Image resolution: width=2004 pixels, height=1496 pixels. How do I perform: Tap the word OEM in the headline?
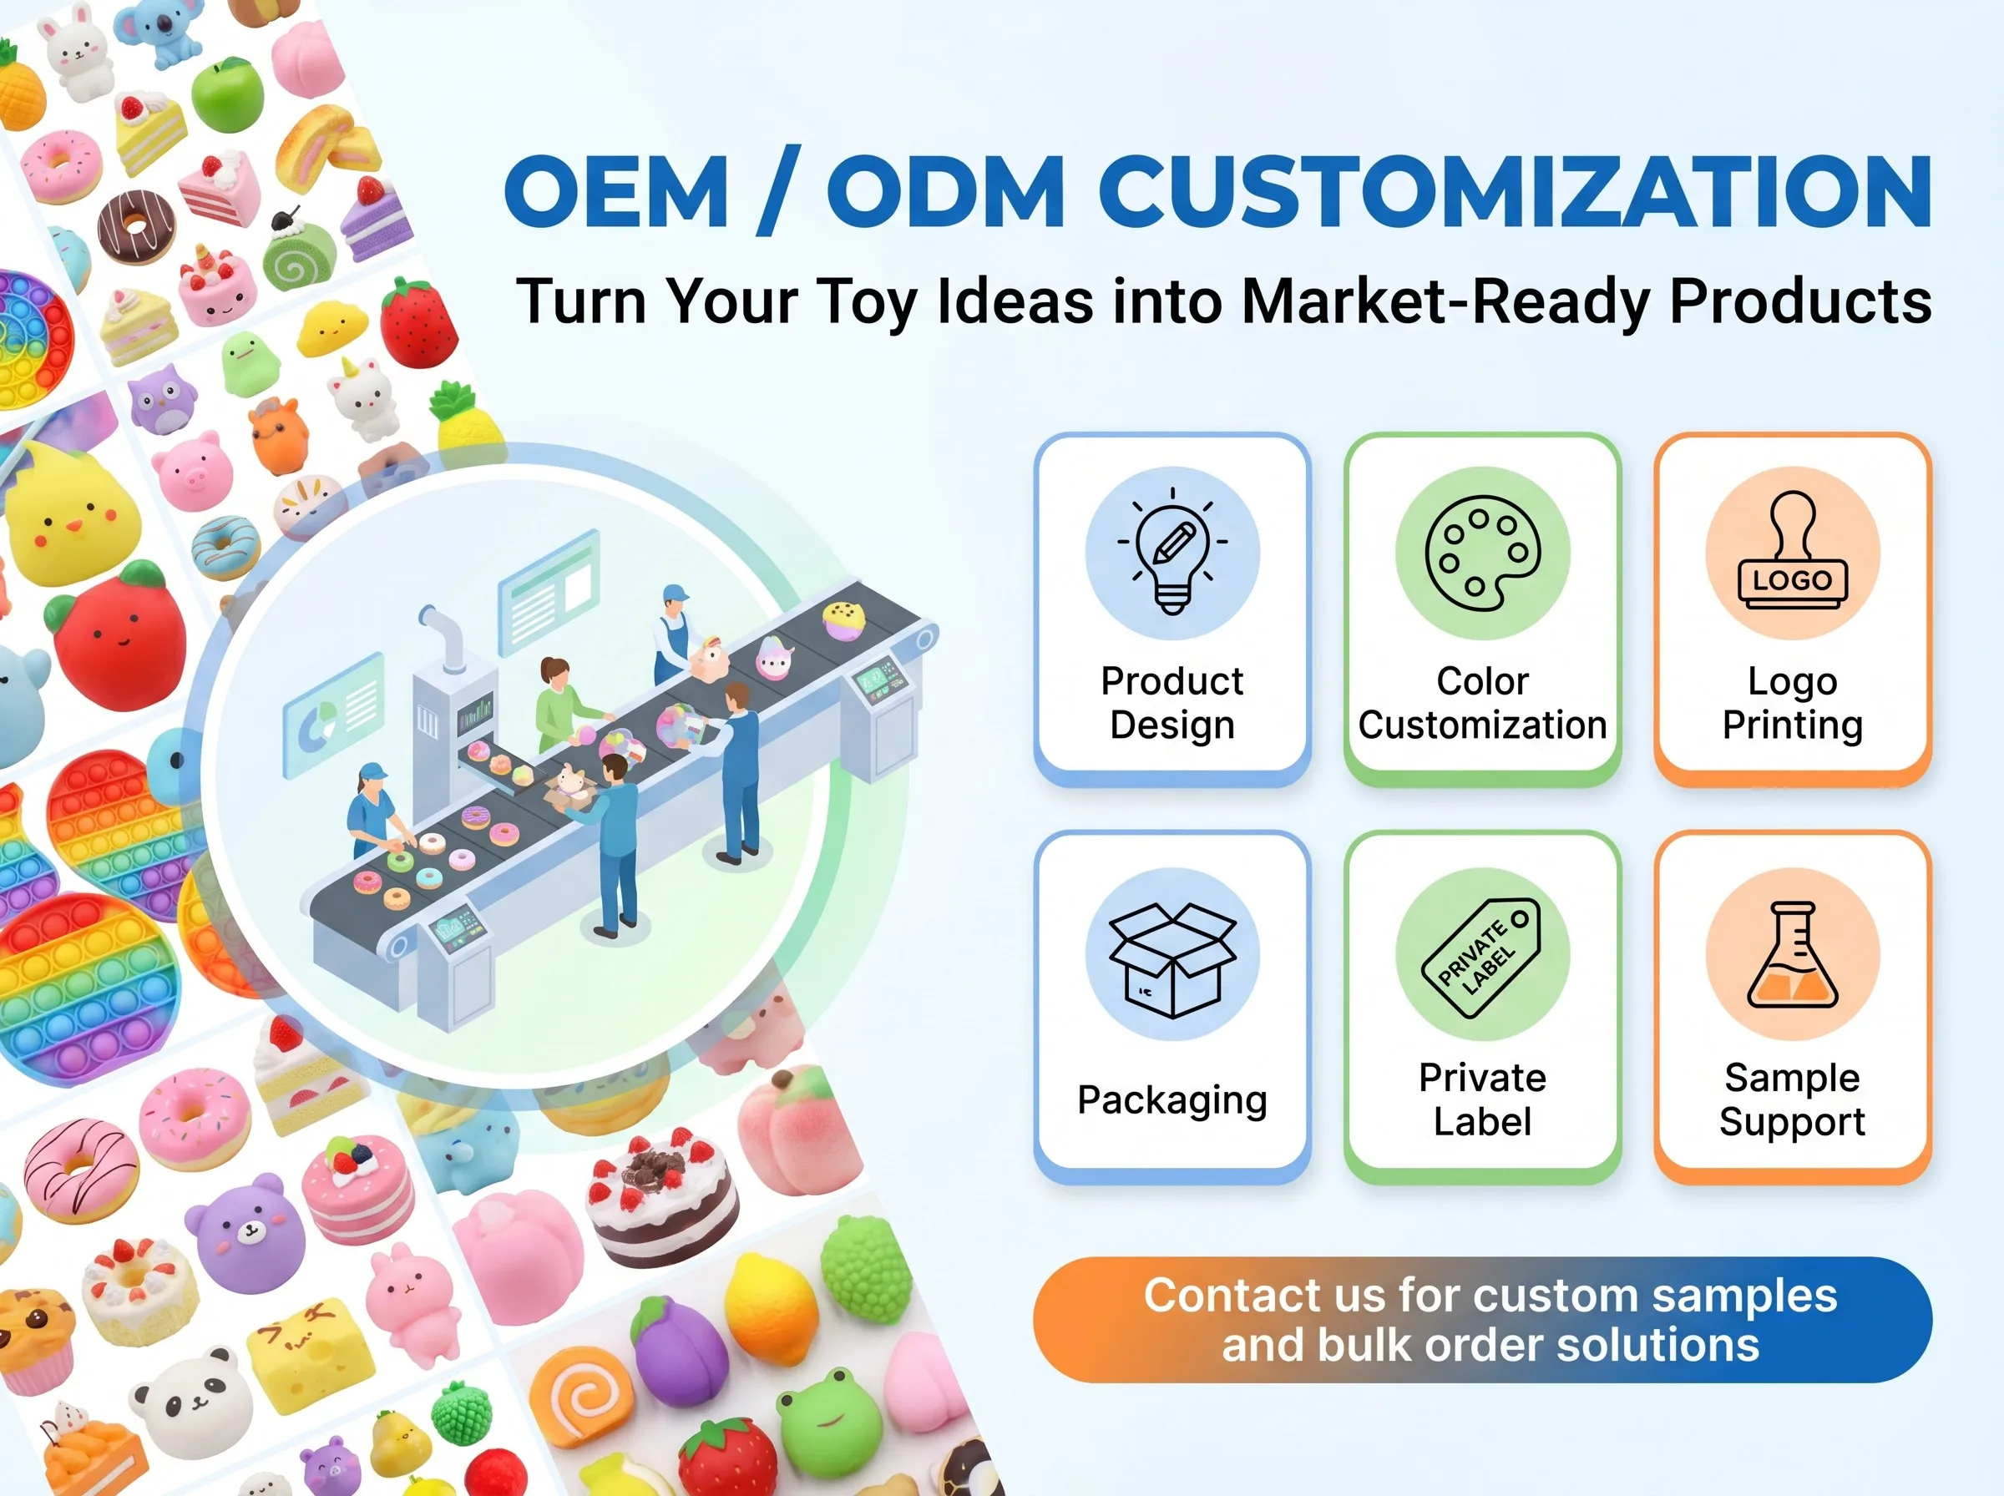(x=615, y=191)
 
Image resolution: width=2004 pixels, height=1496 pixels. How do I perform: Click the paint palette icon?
(x=1482, y=553)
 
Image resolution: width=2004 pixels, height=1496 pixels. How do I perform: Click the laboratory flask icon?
(x=1793, y=954)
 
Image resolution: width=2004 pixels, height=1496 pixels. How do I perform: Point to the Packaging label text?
(x=1172, y=1100)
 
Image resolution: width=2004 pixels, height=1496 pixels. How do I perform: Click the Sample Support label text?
(x=1792, y=1099)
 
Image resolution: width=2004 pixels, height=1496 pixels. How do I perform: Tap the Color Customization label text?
(x=1482, y=703)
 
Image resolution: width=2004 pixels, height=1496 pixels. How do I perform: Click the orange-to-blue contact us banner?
(x=1482, y=1319)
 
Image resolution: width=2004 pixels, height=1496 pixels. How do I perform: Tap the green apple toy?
(x=227, y=93)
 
